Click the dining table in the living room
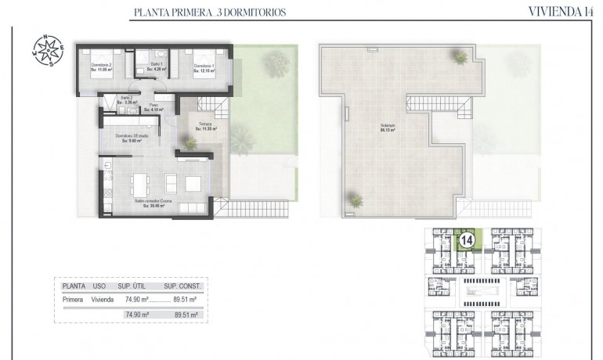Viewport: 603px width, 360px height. pos(142,183)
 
